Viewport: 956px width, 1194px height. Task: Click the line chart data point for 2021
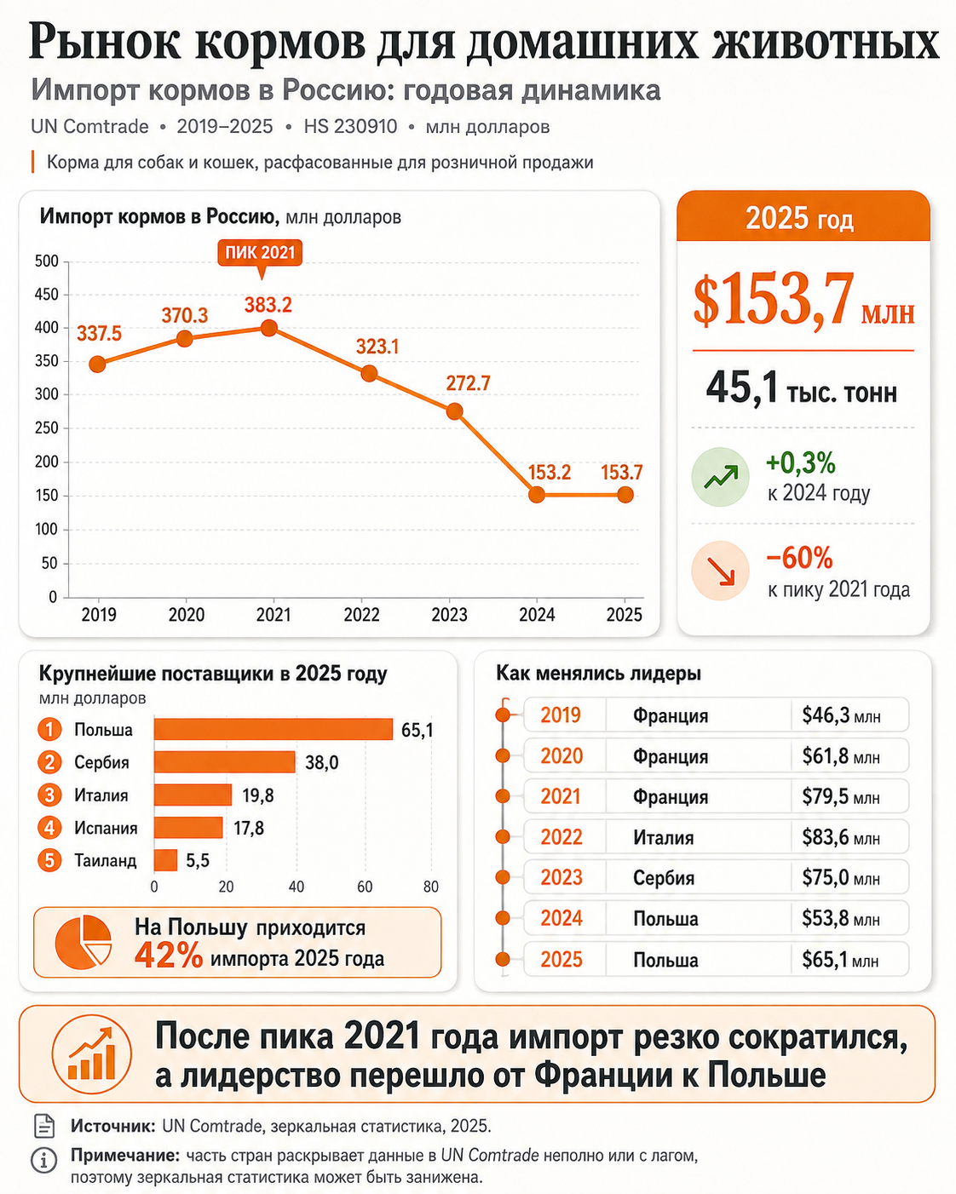[x=268, y=328]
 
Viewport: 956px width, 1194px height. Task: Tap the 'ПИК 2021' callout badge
[x=260, y=253]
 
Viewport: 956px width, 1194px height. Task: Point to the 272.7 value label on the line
[x=468, y=383]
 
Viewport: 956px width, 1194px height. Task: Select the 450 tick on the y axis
[x=47, y=295]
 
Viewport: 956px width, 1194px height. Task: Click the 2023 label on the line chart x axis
[x=449, y=615]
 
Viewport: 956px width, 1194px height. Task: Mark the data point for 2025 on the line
[x=625, y=494]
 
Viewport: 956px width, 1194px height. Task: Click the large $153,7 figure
[x=774, y=301]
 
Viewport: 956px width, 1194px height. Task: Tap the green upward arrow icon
[x=721, y=477]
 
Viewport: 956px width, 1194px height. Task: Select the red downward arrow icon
[x=721, y=571]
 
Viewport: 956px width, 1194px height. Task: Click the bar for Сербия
[x=224, y=761]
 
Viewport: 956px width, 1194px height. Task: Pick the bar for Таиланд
[x=165, y=860]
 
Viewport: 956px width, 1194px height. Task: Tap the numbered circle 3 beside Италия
[x=49, y=795]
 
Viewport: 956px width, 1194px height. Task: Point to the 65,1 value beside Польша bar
[x=417, y=730]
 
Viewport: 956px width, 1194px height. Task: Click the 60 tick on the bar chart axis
[x=365, y=887]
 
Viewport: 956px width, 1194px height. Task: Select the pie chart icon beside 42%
[x=84, y=942]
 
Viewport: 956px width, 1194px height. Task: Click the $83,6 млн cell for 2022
[x=840, y=836]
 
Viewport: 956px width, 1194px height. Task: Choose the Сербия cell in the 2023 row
[x=664, y=878]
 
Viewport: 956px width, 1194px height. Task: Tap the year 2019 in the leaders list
[x=561, y=715]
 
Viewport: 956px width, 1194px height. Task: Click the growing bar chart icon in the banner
[x=92, y=1054]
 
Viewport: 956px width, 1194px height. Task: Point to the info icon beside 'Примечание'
[x=43, y=1160]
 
